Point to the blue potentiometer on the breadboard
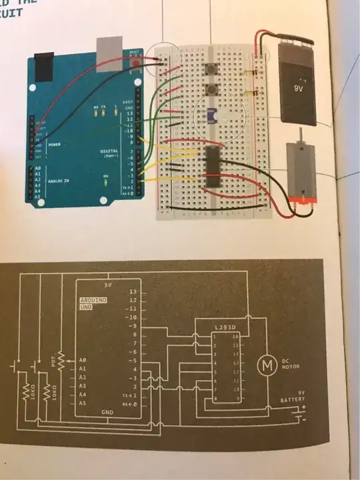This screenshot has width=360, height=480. tap(212, 116)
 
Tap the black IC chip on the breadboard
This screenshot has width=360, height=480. tap(213, 164)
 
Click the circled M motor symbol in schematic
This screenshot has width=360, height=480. tap(266, 364)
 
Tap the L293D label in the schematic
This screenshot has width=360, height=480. tap(225, 327)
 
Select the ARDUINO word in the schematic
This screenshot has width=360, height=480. tap(93, 301)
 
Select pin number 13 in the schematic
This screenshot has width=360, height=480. tap(133, 292)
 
